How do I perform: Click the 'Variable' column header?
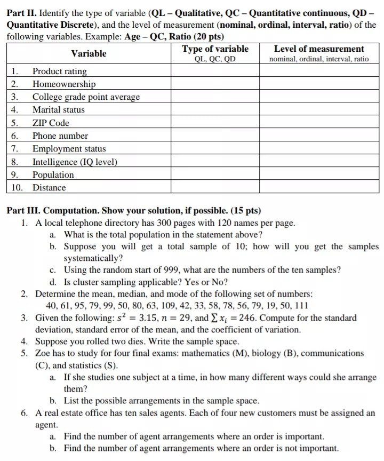coord(89,53)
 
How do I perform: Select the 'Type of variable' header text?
coord(215,49)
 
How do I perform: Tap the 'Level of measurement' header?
coord(319,49)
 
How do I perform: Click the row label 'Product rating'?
coord(59,71)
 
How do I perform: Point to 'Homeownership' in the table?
coord(64,84)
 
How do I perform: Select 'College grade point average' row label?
coord(86,97)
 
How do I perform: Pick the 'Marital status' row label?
coord(58,110)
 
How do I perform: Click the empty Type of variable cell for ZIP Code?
coord(215,123)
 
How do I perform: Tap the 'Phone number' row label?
coord(60,136)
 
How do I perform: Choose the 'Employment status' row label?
coord(69,149)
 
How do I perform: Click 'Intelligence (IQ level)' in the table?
coord(75,162)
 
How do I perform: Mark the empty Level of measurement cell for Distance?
coord(319,188)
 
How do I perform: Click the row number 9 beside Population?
coord(15,175)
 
